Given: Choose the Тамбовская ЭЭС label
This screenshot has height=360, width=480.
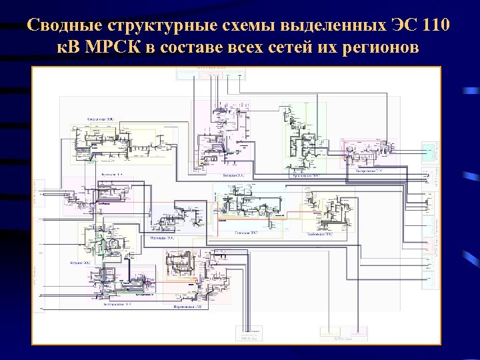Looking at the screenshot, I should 323,235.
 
